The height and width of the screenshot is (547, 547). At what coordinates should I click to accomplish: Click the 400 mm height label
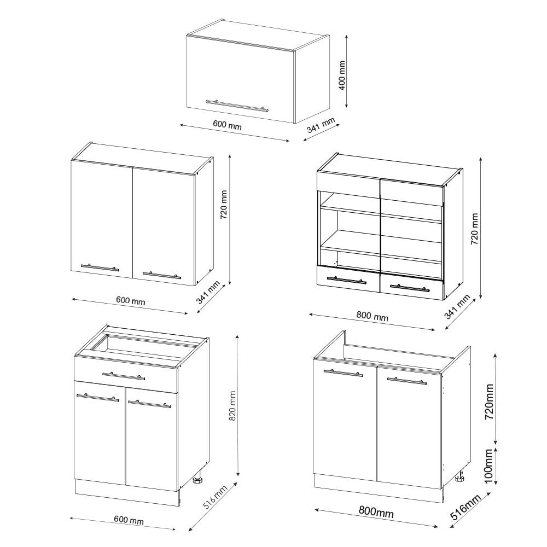(342, 75)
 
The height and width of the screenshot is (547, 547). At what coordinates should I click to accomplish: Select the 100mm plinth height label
(489, 464)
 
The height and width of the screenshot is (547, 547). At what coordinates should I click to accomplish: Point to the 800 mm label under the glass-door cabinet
(372, 316)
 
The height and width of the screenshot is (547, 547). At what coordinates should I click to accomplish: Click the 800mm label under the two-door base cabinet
(376, 512)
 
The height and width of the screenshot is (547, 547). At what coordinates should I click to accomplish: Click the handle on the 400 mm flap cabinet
(237, 105)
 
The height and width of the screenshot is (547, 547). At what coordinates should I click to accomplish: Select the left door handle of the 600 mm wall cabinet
(100, 267)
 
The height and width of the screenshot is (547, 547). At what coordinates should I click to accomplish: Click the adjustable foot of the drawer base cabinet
(198, 480)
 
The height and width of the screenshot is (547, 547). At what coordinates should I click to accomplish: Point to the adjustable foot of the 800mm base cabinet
(461, 479)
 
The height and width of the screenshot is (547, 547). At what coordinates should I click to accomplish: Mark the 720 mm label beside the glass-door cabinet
(474, 229)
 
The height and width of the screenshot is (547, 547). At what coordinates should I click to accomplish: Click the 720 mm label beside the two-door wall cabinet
(224, 204)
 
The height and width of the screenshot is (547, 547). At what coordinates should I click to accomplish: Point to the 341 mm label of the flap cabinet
(320, 126)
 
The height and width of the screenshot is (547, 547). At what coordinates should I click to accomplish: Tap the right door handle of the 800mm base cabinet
(406, 380)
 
